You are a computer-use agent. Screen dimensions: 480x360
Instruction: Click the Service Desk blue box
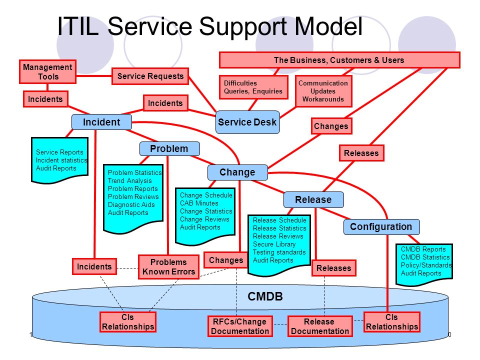(x=247, y=122)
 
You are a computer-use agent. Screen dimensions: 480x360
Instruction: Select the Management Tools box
(x=48, y=71)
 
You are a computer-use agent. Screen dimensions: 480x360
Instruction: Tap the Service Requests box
(x=150, y=76)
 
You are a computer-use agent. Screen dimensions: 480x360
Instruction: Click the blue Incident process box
(x=101, y=122)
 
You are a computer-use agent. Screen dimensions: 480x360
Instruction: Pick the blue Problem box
(x=169, y=149)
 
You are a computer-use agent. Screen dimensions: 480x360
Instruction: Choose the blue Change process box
(x=237, y=172)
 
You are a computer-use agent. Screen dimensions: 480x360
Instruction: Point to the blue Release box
(x=313, y=199)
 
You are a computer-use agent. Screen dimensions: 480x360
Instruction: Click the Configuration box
(x=381, y=227)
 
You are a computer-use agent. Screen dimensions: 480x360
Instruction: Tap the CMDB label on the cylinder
(x=265, y=296)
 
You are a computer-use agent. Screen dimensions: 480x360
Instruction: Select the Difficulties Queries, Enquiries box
(x=253, y=87)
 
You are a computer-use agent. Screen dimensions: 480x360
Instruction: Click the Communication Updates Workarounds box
(x=323, y=91)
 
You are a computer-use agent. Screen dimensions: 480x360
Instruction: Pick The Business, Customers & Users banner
(x=339, y=60)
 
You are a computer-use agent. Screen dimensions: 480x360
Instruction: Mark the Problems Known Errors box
(x=168, y=267)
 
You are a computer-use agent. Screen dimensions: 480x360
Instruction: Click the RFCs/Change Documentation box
(x=240, y=326)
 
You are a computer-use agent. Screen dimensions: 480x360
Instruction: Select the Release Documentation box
(x=320, y=326)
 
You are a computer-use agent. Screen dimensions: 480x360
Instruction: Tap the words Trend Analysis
(x=130, y=180)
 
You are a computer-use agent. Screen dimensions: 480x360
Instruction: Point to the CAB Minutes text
(x=199, y=203)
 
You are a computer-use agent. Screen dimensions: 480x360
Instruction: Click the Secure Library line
(x=274, y=244)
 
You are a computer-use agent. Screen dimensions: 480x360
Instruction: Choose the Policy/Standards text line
(x=426, y=265)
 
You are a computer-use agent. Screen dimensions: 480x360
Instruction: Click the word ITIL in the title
(x=78, y=26)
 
